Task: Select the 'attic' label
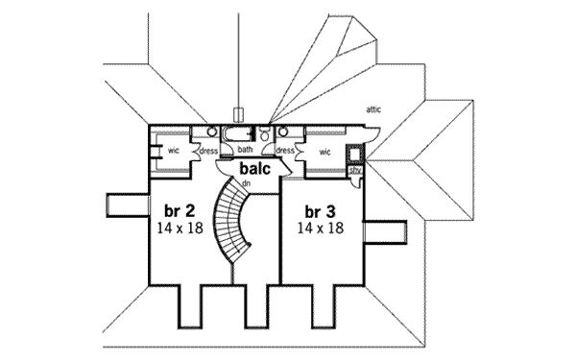pos(373,110)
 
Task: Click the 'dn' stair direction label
pos(247,183)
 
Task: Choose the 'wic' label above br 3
pos(325,151)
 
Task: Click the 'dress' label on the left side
pos(208,151)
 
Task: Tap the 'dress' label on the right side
pos(284,151)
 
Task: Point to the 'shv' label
pos(354,171)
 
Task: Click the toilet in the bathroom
pos(265,134)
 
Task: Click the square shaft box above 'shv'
pos(355,153)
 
